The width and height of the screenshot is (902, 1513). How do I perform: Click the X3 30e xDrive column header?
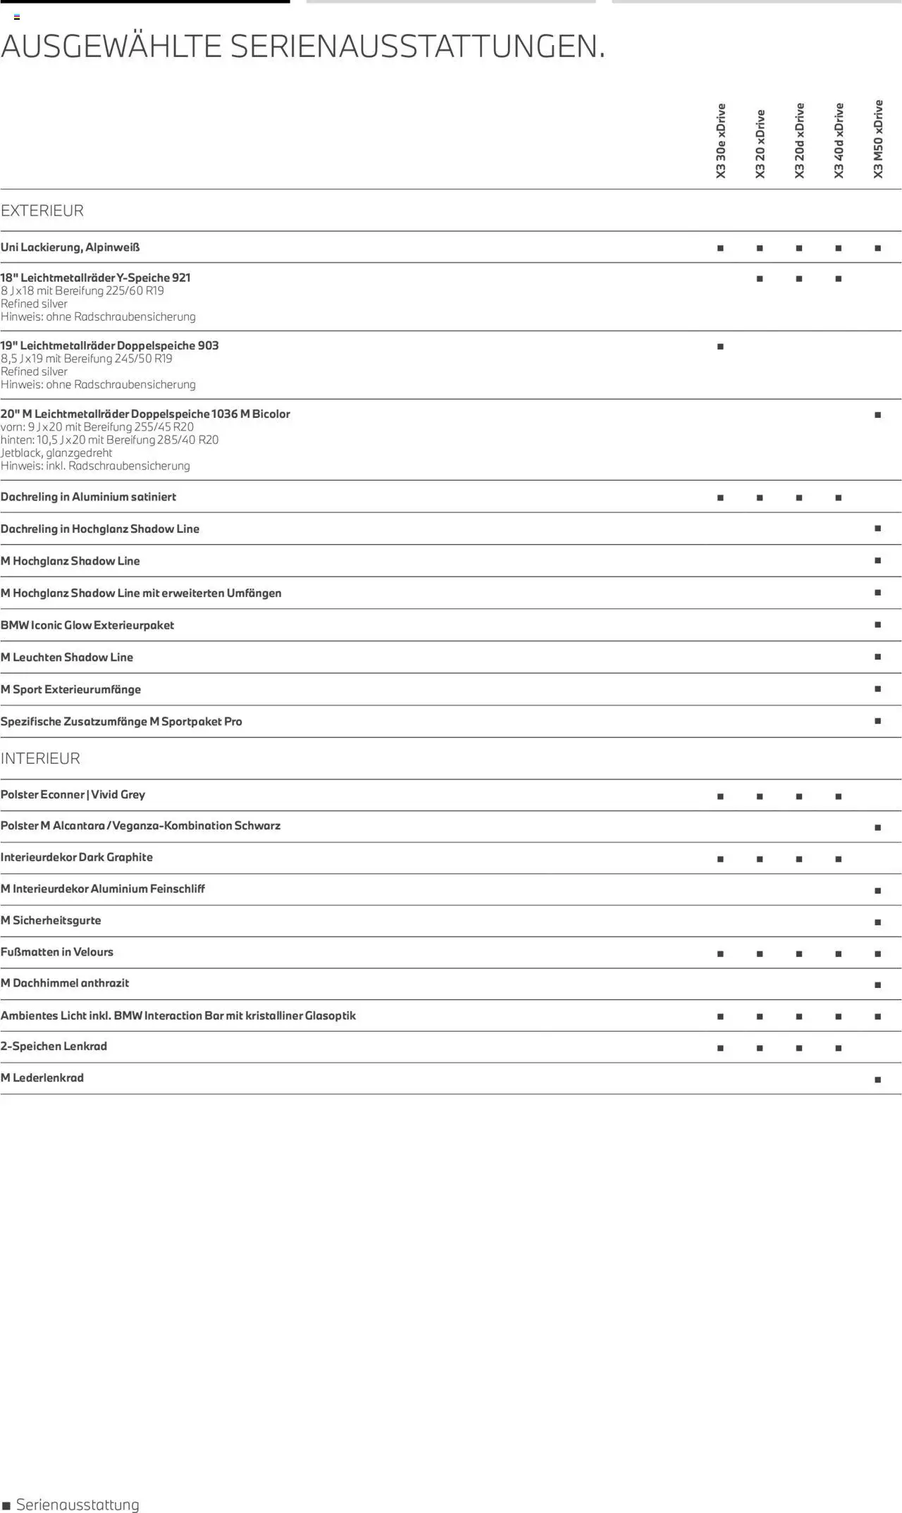(720, 141)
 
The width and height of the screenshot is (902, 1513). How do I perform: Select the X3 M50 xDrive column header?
(877, 139)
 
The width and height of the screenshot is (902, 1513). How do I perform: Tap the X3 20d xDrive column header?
(799, 141)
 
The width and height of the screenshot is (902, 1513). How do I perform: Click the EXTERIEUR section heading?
(42, 211)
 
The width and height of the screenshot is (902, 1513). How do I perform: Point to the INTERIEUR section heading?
(40, 758)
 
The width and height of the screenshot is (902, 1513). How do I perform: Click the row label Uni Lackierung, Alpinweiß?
(70, 247)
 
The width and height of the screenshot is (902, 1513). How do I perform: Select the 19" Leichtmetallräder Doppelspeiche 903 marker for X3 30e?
(720, 347)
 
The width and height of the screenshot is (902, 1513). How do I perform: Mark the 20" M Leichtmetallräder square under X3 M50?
(877, 415)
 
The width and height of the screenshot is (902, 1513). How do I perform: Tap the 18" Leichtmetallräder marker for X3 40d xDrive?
(838, 279)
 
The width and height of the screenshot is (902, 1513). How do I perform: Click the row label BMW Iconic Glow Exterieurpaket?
(87, 625)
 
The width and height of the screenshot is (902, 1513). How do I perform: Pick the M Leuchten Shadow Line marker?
(877, 657)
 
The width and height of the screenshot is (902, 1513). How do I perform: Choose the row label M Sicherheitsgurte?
(51, 920)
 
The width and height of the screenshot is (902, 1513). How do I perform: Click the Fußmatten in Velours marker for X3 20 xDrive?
(760, 954)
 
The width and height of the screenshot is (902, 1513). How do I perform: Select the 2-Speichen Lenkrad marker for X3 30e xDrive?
(720, 1049)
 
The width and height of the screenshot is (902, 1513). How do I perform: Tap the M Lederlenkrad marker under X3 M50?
(877, 1080)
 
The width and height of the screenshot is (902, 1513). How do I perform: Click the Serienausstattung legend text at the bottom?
(78, 1505)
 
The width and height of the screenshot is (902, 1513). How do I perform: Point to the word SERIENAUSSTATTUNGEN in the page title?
(417, 47)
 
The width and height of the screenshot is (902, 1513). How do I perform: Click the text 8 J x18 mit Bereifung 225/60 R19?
(82, 291)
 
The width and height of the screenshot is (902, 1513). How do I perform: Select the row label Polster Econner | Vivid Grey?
(73, 795)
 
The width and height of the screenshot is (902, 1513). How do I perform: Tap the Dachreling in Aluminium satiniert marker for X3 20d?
(799, 498)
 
